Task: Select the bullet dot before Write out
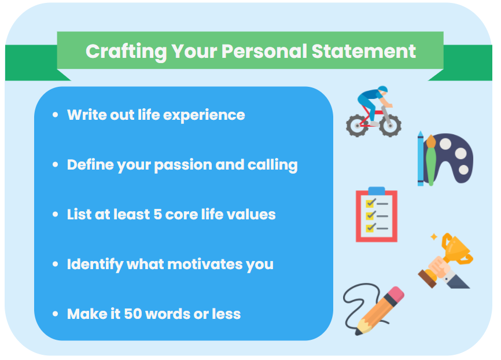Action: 56,115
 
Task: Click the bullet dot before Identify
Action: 56,265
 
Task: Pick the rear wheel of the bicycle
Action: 356,125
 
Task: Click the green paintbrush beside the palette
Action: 430,159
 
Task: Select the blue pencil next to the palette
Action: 421,159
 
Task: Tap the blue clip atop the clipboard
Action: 376,190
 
